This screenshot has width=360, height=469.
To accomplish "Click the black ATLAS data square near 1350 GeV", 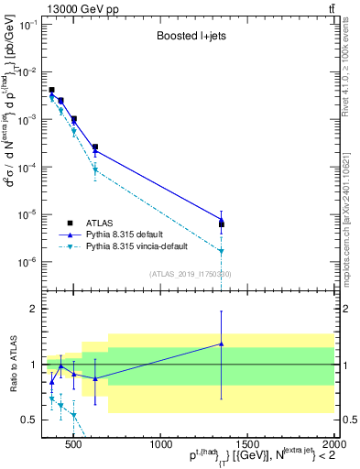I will pyautogui.click(x=221, y=224).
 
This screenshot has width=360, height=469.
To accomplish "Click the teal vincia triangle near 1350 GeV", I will pyautogui.click(x=221, y=251).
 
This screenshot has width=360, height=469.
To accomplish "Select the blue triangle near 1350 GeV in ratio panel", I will pyautogui.click(x=221, y=344).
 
